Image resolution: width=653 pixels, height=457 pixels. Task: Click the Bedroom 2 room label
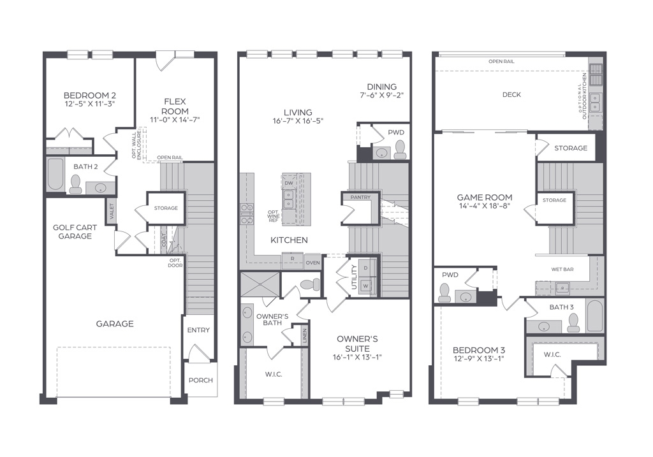coord(89,95)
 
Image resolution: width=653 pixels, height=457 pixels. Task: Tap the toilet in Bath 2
coord(76,184)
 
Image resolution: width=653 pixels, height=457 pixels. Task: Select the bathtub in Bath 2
coord(55,174)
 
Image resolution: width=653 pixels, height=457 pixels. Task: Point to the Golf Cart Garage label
coord(75,232)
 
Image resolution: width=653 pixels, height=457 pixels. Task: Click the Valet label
coord(111,212)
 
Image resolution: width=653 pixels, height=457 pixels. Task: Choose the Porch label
coord(201,380)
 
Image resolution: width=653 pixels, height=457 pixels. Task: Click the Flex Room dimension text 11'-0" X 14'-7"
coord(175,120)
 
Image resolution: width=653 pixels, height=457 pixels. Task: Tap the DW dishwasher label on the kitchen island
coord(289,183)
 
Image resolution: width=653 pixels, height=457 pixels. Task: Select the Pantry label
coord(360,198)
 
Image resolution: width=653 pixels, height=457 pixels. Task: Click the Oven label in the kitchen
coord(312,263)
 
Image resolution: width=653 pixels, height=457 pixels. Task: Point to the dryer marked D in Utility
coord(365,268)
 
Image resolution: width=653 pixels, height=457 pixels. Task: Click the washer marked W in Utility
coord(366,286)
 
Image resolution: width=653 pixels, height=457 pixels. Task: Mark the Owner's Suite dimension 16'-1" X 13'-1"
coord(357,357)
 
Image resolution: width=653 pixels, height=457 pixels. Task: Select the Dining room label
coord(381,87)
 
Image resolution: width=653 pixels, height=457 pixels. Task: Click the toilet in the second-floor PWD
coord(400,150)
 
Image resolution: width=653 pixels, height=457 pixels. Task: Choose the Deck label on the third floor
coord(511,94)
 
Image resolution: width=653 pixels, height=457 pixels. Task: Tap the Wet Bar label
coord(562,269)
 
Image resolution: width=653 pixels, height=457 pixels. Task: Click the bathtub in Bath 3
coord(594,316)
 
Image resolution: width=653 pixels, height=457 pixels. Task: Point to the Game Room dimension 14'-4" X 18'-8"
coord(485,206)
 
